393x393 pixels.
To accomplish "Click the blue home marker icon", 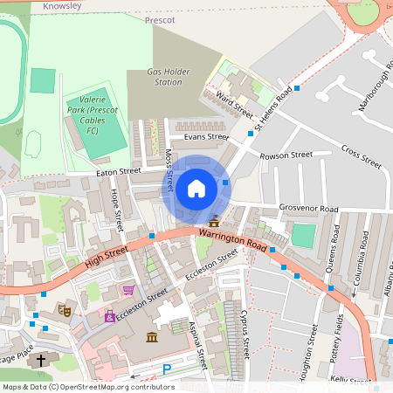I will (196, 189).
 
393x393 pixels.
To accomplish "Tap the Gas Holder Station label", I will (164, 77).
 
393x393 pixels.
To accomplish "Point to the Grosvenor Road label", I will (308, 210).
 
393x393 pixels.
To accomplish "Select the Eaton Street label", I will (118, 173).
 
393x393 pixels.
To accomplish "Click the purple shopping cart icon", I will (128, 291).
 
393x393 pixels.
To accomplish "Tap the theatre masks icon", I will (63, 309).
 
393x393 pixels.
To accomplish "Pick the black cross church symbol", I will (39, 359).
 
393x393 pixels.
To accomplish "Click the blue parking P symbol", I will (167, 370).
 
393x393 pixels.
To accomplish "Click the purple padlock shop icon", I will (110, 317).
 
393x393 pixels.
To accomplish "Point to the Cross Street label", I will (361, 156).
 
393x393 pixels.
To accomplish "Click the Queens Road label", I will (332, 253).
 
